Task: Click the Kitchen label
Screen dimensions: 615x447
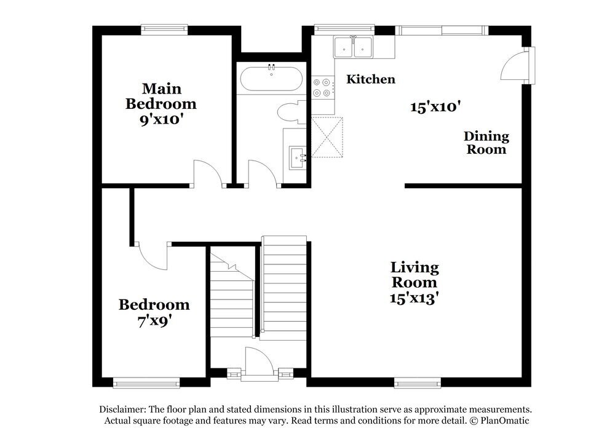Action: tap(371, 79)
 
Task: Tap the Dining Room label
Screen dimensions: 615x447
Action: tap(486, 143)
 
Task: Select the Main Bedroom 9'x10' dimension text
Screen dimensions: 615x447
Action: tap(162, 119)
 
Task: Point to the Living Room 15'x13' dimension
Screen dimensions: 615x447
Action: tap(414, 298)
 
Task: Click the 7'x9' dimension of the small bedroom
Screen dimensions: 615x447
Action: tap(154, 322)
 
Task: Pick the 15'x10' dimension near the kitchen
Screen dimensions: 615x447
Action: tap(435, 106)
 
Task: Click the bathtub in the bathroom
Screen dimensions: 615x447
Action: tap(271, 79)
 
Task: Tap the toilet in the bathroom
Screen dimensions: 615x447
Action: tap(292, 112)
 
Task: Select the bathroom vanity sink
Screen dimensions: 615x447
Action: tap(298, 158)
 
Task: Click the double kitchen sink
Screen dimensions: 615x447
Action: tap(353, 47)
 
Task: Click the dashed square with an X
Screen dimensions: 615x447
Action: tap(327, 137)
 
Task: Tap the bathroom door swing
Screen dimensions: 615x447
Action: tap(263, 173)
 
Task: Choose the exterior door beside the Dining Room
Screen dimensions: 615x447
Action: tap(517, 65)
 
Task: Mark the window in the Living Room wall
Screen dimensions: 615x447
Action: tap(418, 382)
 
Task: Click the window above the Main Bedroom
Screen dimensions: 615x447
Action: tap(164, 30)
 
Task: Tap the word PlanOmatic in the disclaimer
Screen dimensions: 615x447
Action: tap(505, 421)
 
